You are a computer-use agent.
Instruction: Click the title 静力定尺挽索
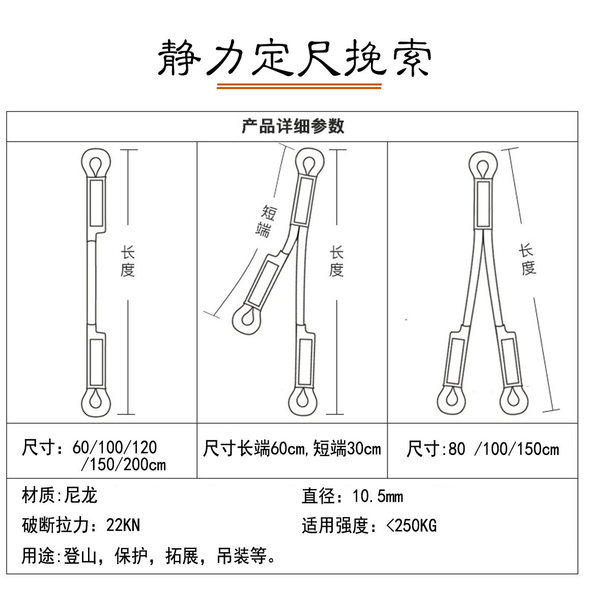295,58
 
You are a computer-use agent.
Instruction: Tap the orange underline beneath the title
299,87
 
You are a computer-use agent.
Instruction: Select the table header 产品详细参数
293,126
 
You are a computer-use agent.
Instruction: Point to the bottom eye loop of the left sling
96,401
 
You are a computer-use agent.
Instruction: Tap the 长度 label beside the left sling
127,261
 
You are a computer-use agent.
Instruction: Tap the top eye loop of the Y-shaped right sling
483,166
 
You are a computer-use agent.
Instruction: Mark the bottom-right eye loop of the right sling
515,399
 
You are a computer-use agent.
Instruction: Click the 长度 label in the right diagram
527,260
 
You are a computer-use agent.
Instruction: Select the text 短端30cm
347,449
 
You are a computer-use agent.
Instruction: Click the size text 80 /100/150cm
503,449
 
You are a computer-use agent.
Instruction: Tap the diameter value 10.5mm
378,496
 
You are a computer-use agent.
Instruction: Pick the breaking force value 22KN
123,525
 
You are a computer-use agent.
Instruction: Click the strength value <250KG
411,525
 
